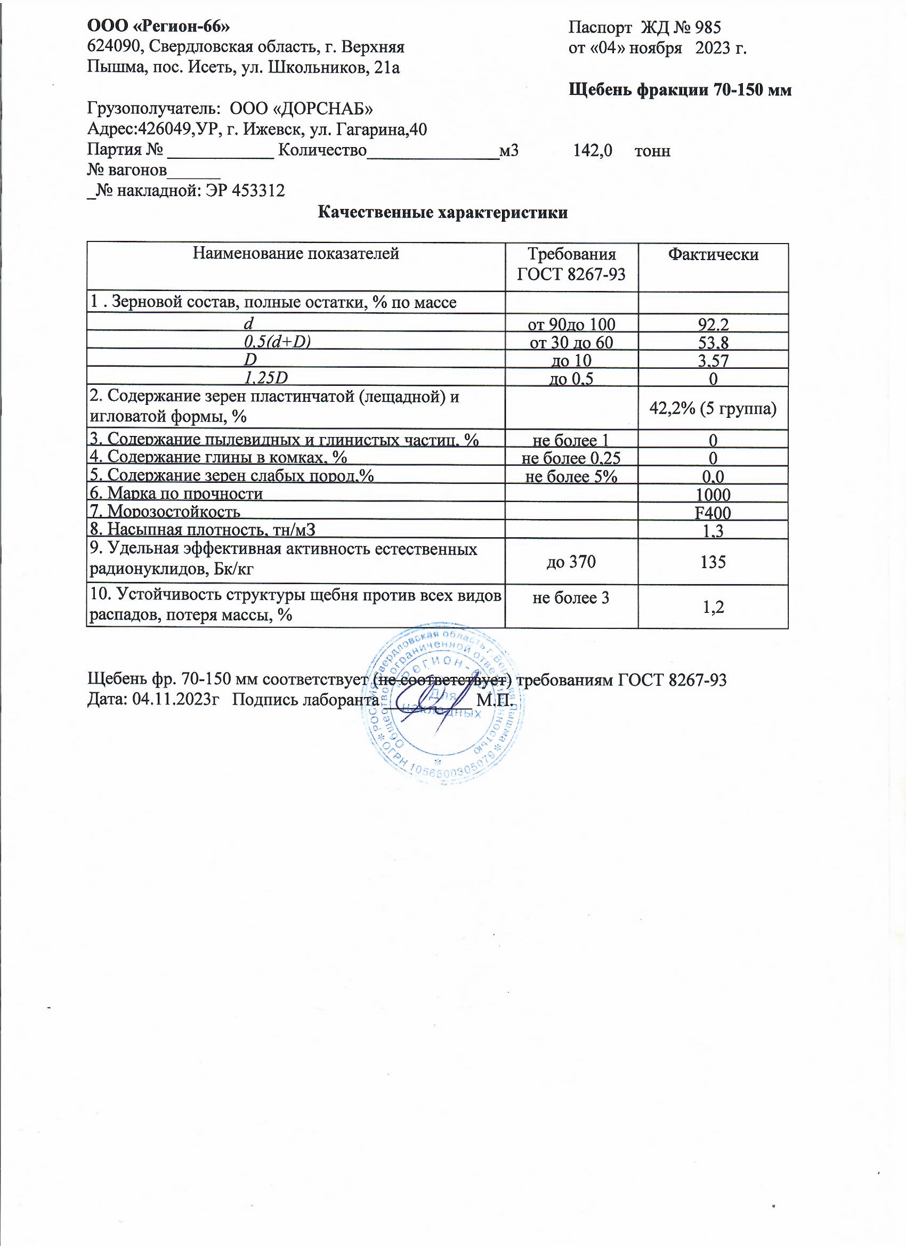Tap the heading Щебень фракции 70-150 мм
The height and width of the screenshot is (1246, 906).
click(679, 90)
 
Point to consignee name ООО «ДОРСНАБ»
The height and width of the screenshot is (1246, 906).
click(301, 109)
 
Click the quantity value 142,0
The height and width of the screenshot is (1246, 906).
click(592, 150)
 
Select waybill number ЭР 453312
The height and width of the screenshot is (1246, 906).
click(245, 191)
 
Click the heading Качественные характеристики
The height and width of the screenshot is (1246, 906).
click(442, 213)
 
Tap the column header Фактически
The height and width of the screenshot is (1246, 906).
click(713, 254)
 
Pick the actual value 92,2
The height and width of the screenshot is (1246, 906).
click(713, 325)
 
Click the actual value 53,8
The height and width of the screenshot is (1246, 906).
click(713, 343)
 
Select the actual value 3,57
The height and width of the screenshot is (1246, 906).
click(713, 361)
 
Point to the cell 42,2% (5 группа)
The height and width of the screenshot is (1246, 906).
click(713, 408)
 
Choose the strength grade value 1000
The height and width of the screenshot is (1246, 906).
click(713, 495)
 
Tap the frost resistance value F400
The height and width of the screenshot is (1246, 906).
click(713, 513)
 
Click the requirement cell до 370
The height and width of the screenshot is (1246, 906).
click(571, 562)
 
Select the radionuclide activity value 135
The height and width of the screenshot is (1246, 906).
click(713, 562)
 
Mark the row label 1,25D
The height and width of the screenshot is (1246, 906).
click(266, 378)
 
